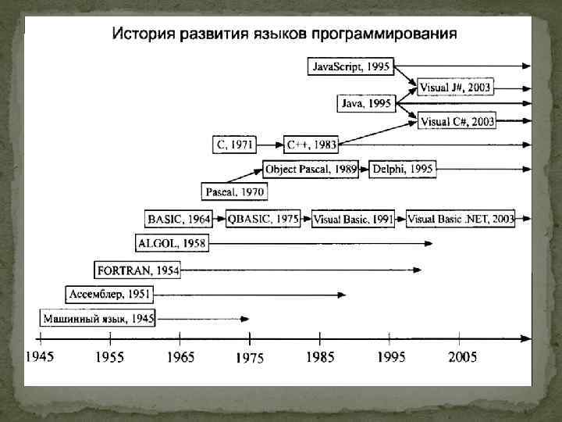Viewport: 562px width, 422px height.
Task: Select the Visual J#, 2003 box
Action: [x=456, y=87]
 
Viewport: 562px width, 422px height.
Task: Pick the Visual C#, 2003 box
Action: [x=457, y=120]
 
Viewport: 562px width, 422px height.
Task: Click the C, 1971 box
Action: [x=233, y=144]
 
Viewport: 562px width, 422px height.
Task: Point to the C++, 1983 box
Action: [x=311, y=144]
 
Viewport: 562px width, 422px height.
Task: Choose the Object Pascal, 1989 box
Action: [x=311, y=169]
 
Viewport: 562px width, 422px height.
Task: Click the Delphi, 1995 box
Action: [x=402, y=169]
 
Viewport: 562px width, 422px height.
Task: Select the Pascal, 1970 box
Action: [x=235, y=191]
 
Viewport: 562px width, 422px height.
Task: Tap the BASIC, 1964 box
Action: [x=180, y=219]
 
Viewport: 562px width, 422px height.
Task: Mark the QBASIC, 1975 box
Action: [x=264, y=219]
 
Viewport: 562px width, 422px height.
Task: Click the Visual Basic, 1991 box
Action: [x=353, y=220]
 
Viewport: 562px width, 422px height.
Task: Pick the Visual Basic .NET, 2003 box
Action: [x=461, y=220]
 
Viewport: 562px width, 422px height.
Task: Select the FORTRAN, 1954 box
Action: [x=137, y=270]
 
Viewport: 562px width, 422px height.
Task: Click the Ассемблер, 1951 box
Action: [x=109, y=294]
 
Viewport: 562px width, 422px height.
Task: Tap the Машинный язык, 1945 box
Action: [x=99, y=318]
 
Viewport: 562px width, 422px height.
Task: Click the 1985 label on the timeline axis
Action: [x=319, y=357]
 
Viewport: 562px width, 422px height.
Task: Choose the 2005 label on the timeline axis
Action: [x=461, y=357]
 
